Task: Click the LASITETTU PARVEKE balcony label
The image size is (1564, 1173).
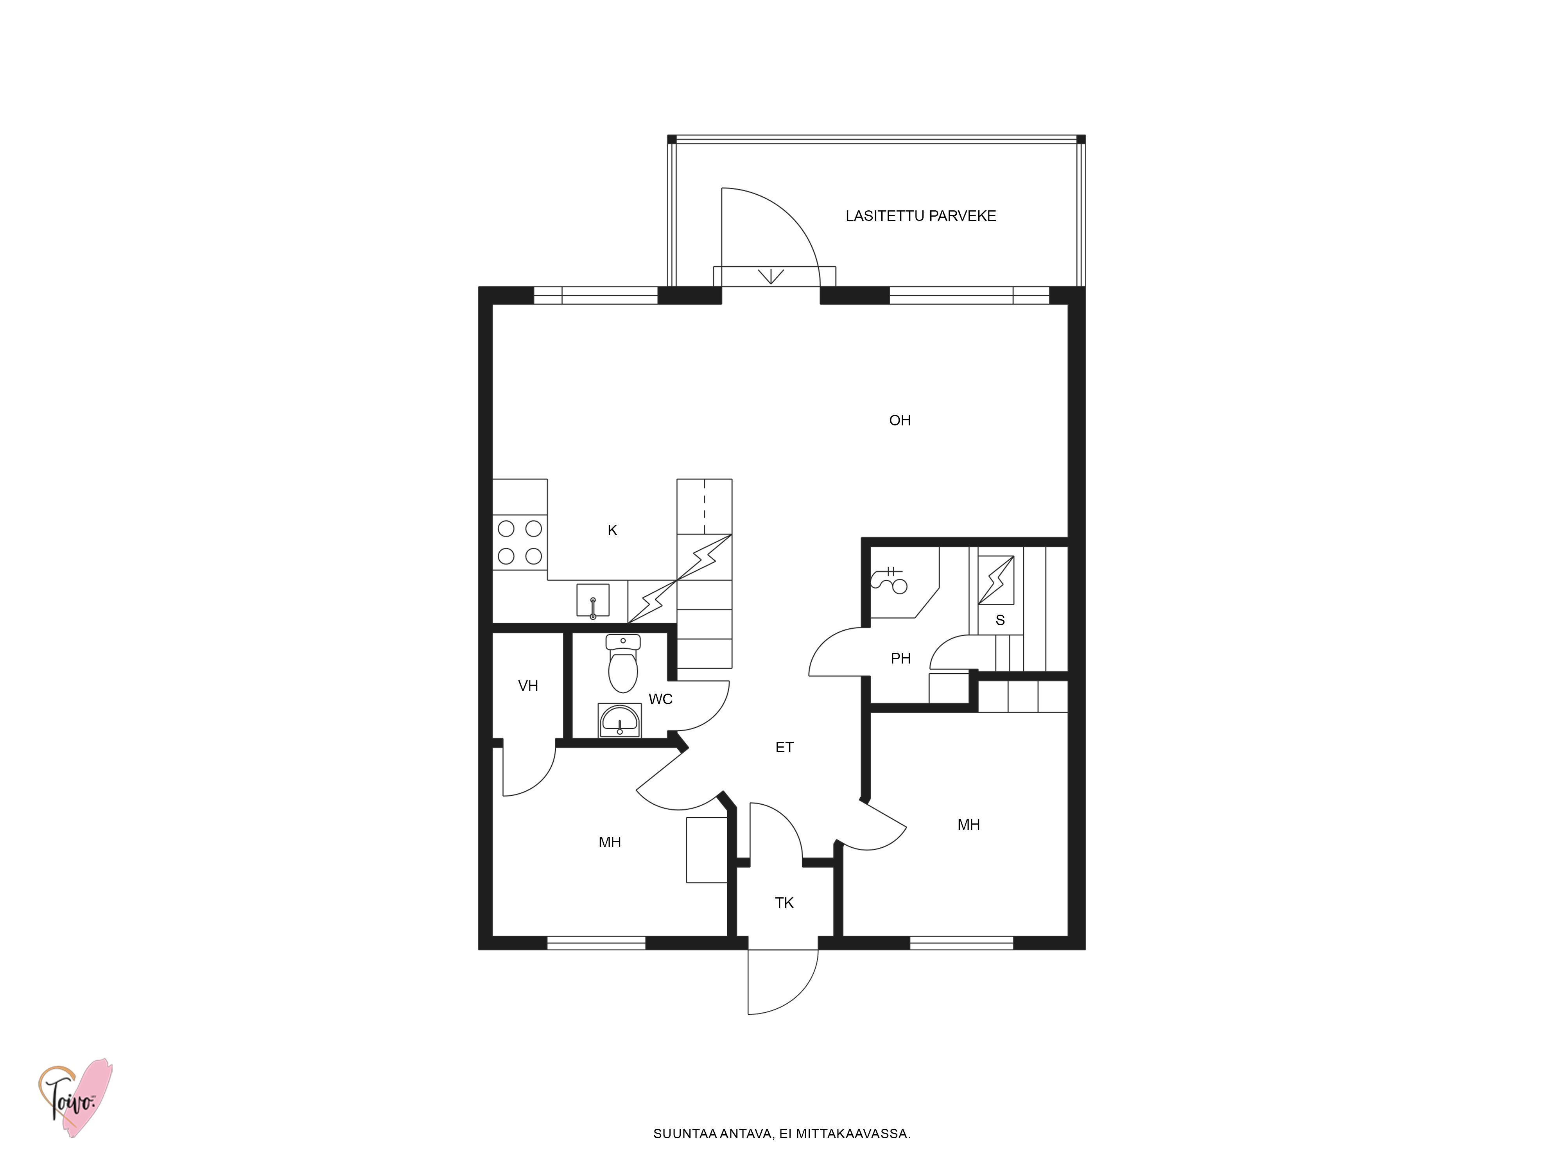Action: [x=920, y=216]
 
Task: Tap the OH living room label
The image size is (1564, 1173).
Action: [x=899, y=421]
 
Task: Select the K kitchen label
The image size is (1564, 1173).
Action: [x=612, y=530]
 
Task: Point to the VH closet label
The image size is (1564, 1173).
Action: [x=528, y=686]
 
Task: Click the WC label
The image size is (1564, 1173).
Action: [x=660, y=699]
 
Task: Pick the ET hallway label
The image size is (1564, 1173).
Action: [x=784, y=747]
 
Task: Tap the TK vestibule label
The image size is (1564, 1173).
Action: [x=784, y=903]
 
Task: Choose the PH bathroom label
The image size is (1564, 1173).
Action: [x=900, y=659]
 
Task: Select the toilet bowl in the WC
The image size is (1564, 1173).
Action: [x=623, y=663]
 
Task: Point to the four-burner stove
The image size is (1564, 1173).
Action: [x=520, y=542]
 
